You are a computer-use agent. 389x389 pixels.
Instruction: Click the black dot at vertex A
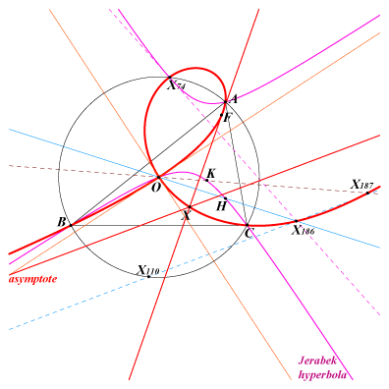[x=225, y=102]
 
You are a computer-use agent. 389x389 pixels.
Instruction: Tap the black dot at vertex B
[x=71, y=225]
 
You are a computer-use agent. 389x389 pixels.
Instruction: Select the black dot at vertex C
[x=248, y=225]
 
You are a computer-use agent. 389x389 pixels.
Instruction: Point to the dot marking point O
[x=158, y=177]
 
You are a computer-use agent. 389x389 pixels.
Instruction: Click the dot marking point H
[x=225, y=198]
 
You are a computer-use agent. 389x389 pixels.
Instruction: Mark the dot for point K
[x=207, y=181]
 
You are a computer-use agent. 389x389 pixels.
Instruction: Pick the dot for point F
[x=222, y=115]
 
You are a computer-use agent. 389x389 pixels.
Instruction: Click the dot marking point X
[x=190, y=207]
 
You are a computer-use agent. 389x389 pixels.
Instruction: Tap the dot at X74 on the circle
[x=170, y=78]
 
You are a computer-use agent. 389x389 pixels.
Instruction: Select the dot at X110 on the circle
[x=149, y=277]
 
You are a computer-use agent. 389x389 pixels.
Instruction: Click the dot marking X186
[x=296, y=221]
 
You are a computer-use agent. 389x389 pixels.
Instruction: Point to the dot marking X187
[x=367, y=193]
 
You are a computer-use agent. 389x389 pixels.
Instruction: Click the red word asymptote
[x=32, y=279]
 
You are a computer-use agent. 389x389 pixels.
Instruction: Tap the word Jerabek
[x=317, y=361]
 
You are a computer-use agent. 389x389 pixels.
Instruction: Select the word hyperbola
[x=322, y=374]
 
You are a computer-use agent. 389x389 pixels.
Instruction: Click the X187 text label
[x=362, y=185]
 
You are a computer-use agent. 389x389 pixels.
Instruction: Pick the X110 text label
[x=148, y=270]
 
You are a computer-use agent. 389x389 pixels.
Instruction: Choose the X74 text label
[x=176, y=85]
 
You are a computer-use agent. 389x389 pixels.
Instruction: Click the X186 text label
[x=304, y=231]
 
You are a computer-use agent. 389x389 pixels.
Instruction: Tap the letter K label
[x=211, y=174]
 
